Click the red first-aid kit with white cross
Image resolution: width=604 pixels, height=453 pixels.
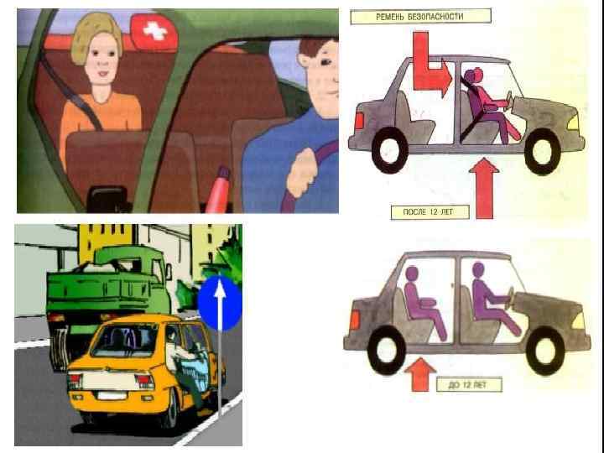[x=154, y=33]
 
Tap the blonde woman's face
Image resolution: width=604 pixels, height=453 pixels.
[x=102, y=59]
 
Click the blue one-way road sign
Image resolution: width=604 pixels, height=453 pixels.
[x=220, y=303]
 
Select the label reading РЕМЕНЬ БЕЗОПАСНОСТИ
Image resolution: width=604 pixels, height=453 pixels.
[x=420, y=17]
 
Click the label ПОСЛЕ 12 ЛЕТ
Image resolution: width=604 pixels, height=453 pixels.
[x=430, y=212]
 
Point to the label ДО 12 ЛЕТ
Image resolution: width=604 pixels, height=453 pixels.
[x=469, y=384]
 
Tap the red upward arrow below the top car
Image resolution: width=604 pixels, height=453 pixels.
[x=484, y=188]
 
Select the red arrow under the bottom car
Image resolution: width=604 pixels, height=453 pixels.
[x=420, y=374]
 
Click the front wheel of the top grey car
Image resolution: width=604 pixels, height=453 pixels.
[x=542, y=151]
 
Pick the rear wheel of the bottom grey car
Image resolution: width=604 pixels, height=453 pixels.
[x=387, y=350]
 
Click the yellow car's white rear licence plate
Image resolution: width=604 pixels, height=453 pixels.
[x=112, y=396]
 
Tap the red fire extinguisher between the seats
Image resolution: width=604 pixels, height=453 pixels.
[x=218, y=190]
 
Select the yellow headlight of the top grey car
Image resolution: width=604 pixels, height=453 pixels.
[x=574, y=122]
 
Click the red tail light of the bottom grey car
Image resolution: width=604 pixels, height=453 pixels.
[x=354, y=320]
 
